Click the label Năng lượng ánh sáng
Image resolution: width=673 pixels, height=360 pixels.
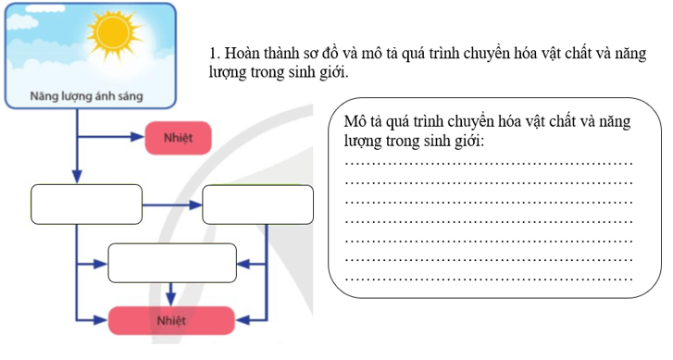[x=88, y=95]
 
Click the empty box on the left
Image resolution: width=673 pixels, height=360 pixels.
[x=87, y=205]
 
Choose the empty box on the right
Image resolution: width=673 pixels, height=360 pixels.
[x=258, y=205]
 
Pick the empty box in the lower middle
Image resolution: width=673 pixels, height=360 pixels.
[x=172, y=264]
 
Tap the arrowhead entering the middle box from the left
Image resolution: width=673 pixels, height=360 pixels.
[x=101, y=265]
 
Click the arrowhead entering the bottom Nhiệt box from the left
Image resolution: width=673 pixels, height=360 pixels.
[x=101, y=320]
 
